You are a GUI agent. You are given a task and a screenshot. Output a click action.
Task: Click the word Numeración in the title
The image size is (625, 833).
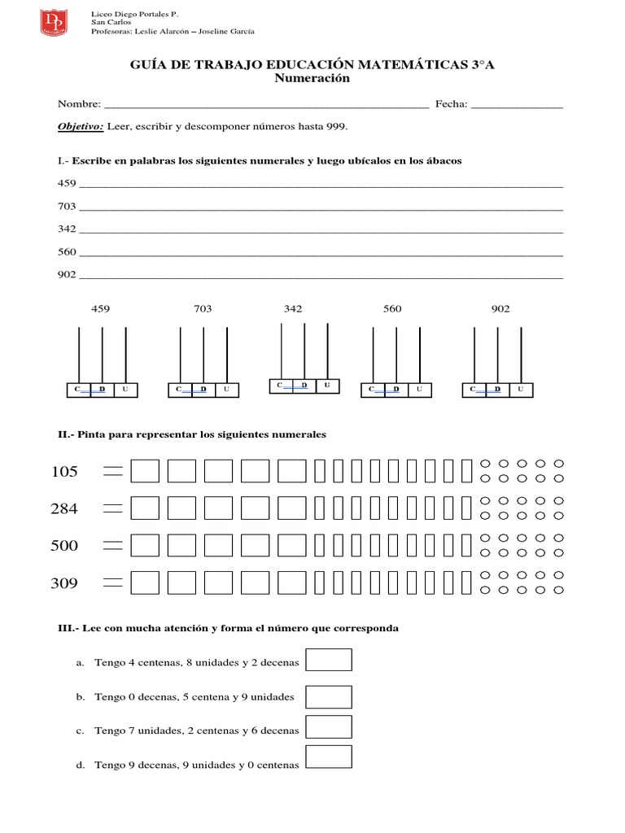coord(312,79)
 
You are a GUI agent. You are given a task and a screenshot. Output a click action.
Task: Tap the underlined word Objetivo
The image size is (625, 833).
coord(80,127)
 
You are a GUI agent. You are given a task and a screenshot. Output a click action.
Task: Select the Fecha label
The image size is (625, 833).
coord(451,104)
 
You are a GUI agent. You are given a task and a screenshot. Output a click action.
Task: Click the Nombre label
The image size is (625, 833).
coord(78,104)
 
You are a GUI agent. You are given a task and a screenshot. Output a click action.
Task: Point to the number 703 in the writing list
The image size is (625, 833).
coord(66,207)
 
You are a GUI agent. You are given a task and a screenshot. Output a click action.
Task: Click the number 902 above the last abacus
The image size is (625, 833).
coord(500,309)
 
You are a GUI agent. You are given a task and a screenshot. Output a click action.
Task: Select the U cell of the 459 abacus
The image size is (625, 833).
coord(125,390)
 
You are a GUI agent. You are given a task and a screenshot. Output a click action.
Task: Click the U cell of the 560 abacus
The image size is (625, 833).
coord(419,390)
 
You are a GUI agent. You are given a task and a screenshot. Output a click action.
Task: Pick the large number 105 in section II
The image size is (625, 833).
coord(64,472)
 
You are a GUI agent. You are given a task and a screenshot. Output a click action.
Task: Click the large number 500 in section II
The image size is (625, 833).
coord(64,546)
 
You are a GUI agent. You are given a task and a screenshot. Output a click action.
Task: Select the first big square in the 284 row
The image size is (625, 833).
coord(145,508)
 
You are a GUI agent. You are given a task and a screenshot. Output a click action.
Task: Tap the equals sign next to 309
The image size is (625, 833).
coord(112,582)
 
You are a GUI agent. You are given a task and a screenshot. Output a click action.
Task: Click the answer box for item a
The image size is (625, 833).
coord(328,660)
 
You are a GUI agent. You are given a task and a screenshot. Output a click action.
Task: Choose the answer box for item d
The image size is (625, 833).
coord(328,757)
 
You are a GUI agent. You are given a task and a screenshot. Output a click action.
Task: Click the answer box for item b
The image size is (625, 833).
coord(328,697)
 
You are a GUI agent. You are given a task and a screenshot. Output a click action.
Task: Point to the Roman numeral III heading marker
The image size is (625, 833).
coord(67,629)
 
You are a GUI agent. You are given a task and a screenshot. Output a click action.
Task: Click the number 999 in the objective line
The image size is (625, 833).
coord(336,127)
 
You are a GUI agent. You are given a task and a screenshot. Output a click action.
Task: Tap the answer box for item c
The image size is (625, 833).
coord(328,727)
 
